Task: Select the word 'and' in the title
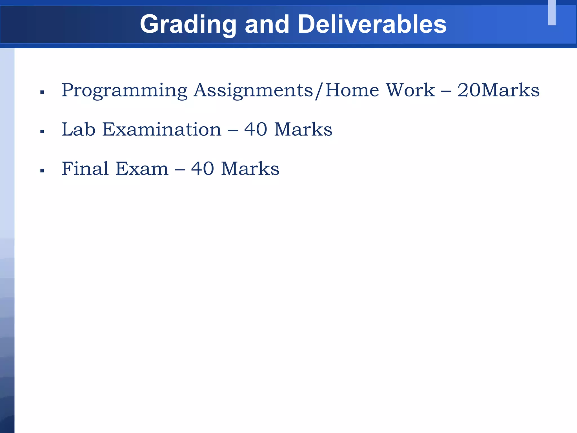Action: pyautogui.click(x=267, y=24)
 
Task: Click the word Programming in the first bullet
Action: pyautogui.click(x=124, y=91)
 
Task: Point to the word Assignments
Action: pyautogui.click(x=253, y=91)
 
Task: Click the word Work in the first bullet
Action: pyautogui.click(x=410, y=90)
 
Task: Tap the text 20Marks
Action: pyautogui.click(x=498, y=90)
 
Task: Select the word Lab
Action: pyautogui.click(x=79, y=129)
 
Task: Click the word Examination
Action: pyautogui.click(x=162, y=129)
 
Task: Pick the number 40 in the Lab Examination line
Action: pyautogui.click(x=256, y=129)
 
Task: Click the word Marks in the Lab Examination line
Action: pyautogui.click(x=303, y=129)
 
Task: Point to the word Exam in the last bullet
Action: pyautogui.click(x=142, y=169)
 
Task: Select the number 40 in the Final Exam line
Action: pyautogui.click(x=203, y=169)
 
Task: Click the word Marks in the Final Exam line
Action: pyautogui.click(x=250, y=169)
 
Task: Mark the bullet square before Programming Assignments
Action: pyautogui.click(x=42, y=92)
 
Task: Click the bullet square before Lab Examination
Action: pyautogui.click(x=42, y=131)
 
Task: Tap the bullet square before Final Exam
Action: pyautogui.click(x=42, y=171)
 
